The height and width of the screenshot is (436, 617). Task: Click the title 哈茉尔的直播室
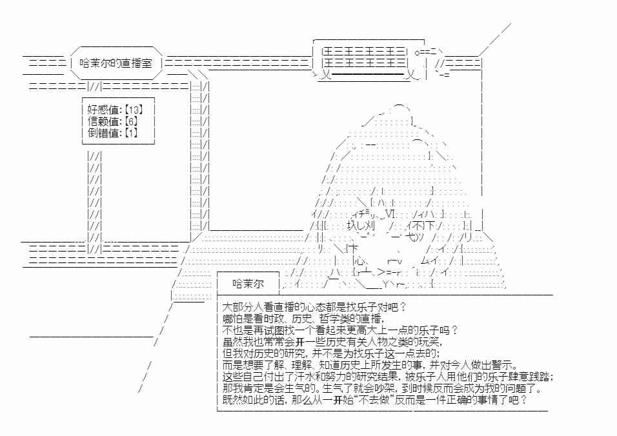[x=116, y=63]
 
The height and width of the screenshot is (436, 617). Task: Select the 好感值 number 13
[x=134, y=110]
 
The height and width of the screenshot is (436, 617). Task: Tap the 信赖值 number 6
[x=131, y=121]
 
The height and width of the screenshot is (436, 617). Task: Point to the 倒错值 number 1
[x=131, y=133]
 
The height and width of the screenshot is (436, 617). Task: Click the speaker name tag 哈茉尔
[x=248, y=284]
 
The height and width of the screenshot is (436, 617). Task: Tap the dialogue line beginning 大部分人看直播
[x=314, y=306]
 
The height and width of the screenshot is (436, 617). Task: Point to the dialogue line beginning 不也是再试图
[x=340, y=330]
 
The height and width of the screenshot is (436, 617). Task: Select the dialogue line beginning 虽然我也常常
[x=332, y=342]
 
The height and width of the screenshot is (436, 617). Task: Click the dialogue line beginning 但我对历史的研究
[x=331, y=353]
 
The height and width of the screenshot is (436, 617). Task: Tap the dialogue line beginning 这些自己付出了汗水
[x=388, y=377]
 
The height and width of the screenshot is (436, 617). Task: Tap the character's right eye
[x=420, y=226]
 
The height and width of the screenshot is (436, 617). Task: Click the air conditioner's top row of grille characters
[x=365, y=52]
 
